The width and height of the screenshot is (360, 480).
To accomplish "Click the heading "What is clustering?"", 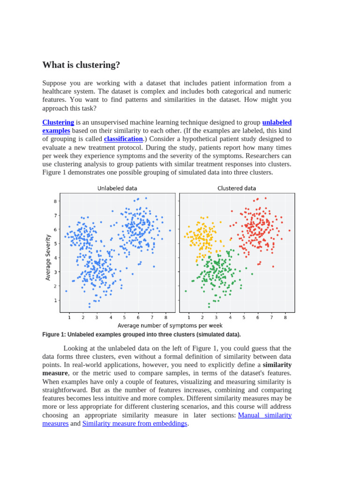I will (x=81, y=65).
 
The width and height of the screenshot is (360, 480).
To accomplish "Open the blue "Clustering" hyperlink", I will (x=58, y=122).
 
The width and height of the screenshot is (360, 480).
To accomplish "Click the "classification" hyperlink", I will (x=123, y=139).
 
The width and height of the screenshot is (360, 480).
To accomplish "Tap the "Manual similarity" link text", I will (x=265, y=415).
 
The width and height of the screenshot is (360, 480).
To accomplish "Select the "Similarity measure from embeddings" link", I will (x=135, y=424).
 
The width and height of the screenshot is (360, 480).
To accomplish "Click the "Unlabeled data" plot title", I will (x=117, y=188).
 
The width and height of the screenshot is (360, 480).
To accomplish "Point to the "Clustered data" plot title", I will (x=237, y=188).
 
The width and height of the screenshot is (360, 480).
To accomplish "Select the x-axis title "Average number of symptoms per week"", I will (x=170, y=325).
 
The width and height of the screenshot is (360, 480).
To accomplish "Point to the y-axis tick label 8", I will (x=55, y=202).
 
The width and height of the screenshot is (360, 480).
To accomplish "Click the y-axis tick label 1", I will (x=55, y=300).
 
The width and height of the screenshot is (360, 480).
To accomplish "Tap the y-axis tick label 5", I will (x=55, y=244).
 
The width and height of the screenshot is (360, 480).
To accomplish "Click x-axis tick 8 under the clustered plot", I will (x=285, y=317).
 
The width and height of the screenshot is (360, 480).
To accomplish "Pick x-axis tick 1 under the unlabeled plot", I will (x=69, y=317).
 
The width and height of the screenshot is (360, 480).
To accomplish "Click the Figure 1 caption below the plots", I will (x=141, y=335).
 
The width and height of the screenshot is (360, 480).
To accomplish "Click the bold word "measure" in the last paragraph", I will (x=55, y=373).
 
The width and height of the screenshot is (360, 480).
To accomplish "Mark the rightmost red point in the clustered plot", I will (x=289, y=230).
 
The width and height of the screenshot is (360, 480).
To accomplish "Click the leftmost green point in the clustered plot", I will (x=186, y=291).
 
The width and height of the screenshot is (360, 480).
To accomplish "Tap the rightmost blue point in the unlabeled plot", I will (x=170, y=230).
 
